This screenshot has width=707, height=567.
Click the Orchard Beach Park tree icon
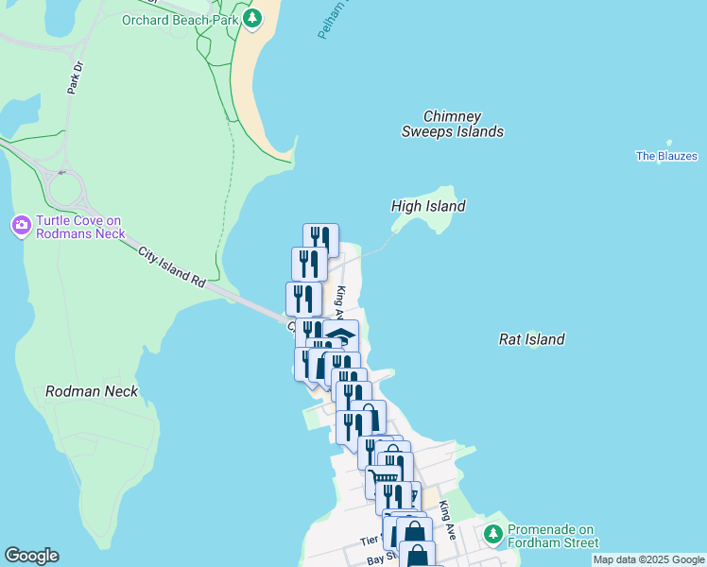click(251, 18)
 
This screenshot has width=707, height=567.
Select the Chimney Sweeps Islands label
click(452, 123)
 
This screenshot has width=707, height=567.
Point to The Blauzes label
click(665, 156)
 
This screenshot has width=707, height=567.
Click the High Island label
click(428, 206)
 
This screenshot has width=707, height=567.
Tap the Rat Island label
click(531, 339)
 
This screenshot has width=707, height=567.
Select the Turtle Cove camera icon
click(21, 225)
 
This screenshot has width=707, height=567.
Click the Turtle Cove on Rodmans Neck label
click(80, 227)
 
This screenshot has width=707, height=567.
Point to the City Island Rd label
click(171, 267)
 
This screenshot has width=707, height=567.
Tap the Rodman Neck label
click(92, 391)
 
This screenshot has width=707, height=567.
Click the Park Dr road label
click(75, 78)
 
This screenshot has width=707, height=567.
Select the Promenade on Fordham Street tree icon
click(493, 536)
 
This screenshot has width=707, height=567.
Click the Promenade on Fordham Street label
click(553, 536)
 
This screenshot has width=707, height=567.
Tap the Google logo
click(31, 556)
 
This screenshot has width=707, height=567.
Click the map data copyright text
click(647, 559)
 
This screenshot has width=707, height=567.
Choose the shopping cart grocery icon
click(382, 481)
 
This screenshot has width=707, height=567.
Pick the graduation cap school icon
click(341, 335)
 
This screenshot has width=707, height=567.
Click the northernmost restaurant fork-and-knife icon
click(320, 239)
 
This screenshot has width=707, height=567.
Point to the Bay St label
click(379, 560)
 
